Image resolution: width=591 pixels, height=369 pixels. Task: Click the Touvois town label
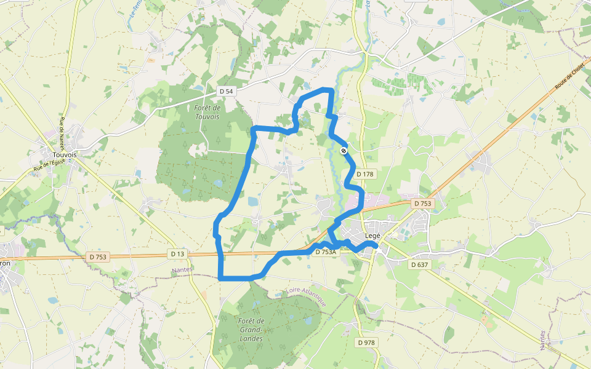65,155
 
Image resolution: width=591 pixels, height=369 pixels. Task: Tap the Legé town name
373,236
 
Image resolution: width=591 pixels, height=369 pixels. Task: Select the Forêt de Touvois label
207,112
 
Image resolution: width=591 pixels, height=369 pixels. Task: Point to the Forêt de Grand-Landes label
251,330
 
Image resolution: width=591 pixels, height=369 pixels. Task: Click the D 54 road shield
227,91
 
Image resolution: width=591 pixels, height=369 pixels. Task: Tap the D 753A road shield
326,252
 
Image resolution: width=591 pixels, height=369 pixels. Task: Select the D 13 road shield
177,253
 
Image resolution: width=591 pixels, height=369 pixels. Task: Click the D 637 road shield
419,264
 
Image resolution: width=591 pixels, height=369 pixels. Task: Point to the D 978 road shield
366,343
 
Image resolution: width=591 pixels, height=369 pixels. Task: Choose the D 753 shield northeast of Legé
423,203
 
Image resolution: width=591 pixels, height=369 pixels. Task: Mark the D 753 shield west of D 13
98,257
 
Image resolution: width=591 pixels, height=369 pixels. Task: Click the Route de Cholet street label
569,78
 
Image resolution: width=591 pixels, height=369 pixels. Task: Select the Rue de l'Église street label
49,164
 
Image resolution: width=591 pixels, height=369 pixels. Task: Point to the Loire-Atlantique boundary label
305,296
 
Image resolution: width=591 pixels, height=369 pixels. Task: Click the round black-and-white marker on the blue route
344,150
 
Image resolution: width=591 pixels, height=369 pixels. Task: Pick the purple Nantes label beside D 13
183,269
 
